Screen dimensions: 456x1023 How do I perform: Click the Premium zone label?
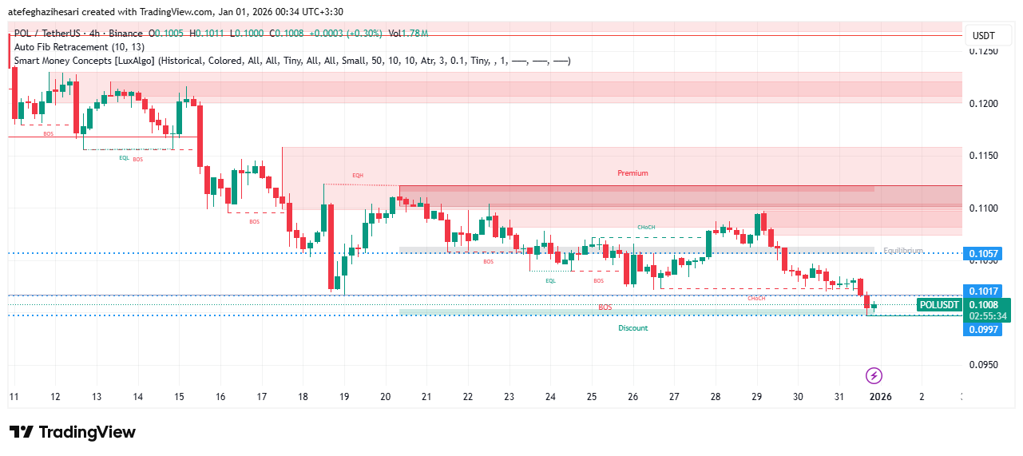point(632,173)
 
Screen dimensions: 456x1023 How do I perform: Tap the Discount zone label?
point(632,328)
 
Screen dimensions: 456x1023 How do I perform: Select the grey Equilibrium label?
point(903,251)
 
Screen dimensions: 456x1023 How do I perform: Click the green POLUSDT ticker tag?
point(939,304)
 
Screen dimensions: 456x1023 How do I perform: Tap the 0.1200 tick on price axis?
point(984,104)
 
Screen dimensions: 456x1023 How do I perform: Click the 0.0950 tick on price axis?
point(984,364)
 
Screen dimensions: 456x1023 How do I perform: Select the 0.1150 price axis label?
point(984,156)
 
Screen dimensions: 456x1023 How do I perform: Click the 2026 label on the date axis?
point(880,397)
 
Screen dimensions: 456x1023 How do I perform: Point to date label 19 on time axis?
point(344,397)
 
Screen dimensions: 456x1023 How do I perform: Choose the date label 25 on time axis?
point(592,397)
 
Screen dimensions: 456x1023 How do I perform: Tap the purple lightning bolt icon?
point(874,375)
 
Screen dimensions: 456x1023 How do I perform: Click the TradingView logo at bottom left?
point(73,432)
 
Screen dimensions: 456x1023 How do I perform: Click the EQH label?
point(358,175)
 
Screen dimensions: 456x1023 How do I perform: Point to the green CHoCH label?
point(646,228)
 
